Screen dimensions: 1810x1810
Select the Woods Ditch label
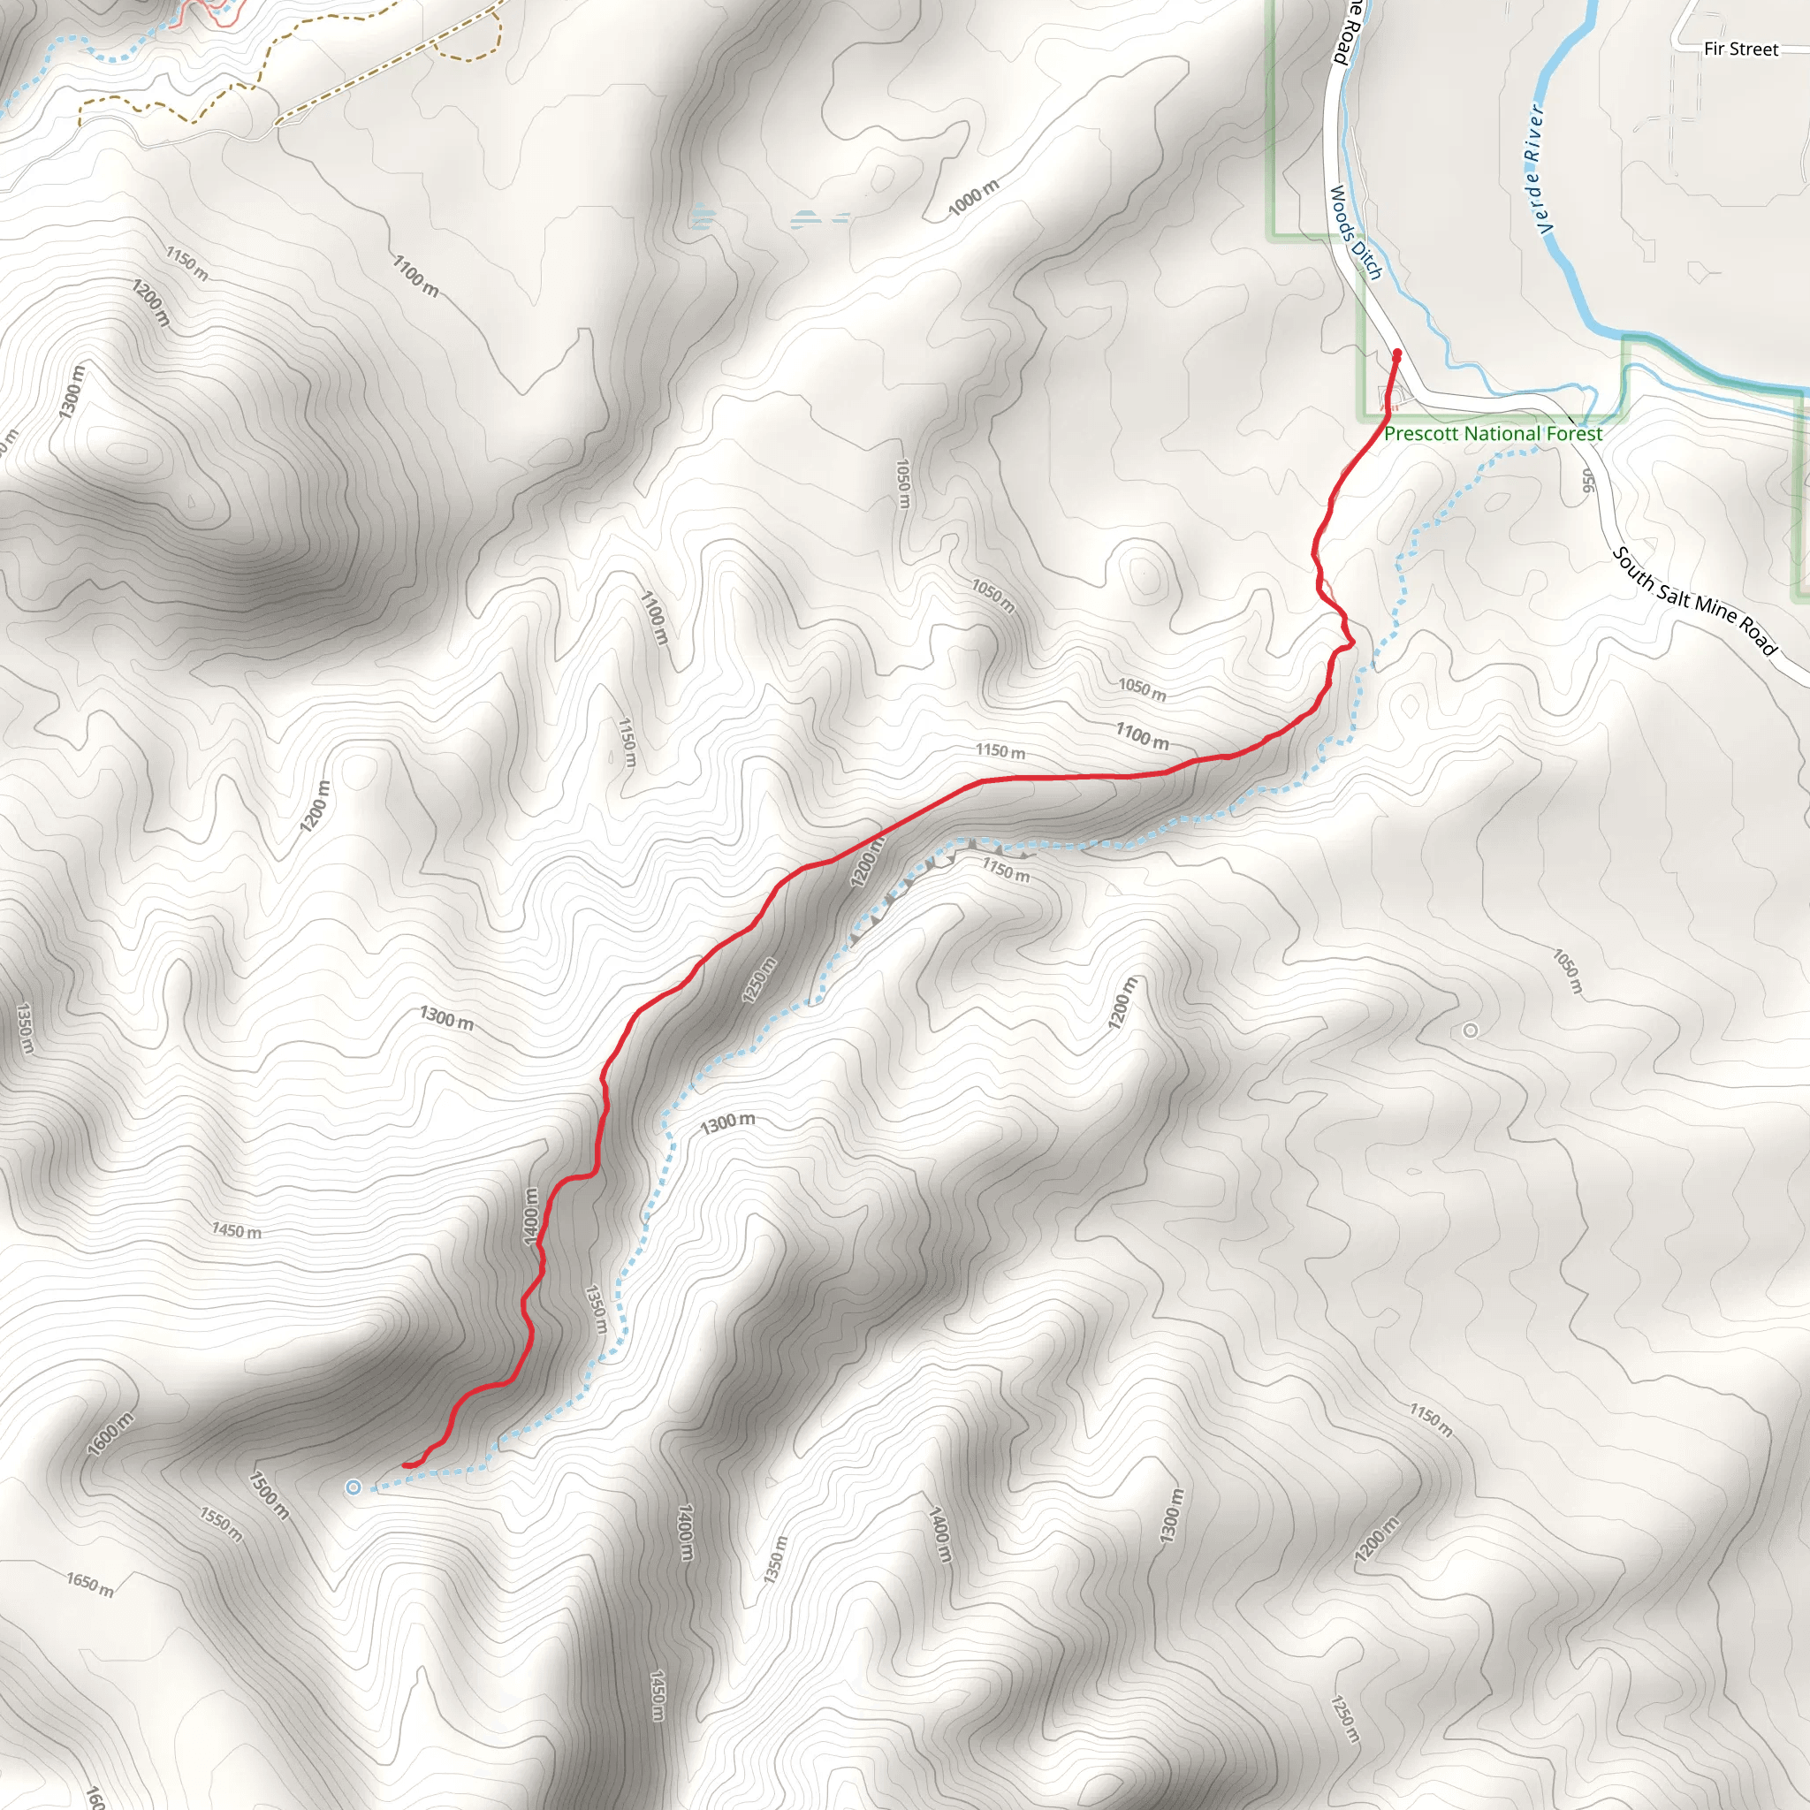(1356, 232)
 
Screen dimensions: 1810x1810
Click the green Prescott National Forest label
(1494, 434)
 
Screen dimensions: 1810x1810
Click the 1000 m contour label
(973, 198)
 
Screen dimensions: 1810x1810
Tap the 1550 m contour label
(221, 1525)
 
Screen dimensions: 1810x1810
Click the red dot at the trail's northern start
(1398, 354)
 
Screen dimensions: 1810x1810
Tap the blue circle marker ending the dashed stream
(354, 1487)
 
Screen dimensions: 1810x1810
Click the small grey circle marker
(1470, 1030)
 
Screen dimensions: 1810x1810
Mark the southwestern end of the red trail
(406, 1464)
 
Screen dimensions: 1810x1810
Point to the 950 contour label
(1587, 480)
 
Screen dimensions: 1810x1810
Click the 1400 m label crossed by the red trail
(531, 1216)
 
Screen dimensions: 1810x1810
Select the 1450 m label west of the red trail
(236, 1230)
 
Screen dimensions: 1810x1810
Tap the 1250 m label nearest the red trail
(759, 980)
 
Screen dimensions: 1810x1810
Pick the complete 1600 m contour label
(110, 1434)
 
